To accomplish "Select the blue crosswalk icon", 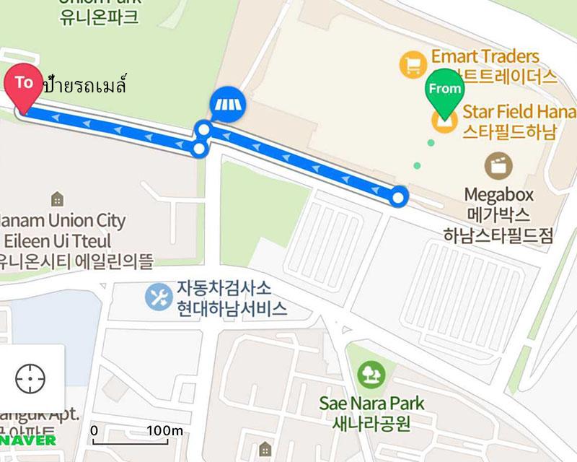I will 229,106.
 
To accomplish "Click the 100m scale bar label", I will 166,431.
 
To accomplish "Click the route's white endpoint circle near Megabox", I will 400,196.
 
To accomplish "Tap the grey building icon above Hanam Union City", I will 57,199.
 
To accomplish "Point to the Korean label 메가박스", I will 498,215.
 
